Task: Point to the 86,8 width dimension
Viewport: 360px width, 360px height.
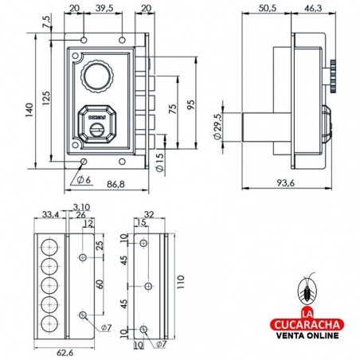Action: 115,184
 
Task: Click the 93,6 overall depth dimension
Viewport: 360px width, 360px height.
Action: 288,183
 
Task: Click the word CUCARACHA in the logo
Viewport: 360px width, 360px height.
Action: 307,326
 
